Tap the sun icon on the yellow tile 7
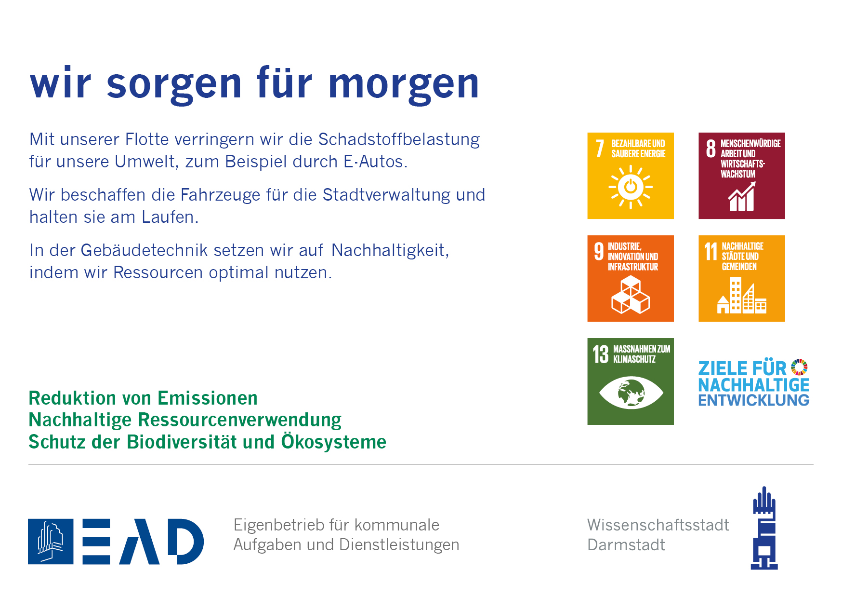[631, 187]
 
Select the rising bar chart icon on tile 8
[742, 196]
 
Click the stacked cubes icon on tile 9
[631, 295]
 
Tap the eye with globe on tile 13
[631, 393]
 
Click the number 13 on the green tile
[601, 354]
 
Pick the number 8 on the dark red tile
[710, 149]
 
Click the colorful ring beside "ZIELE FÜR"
[800, 367]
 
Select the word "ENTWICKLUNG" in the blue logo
[754, 400]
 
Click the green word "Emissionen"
[208, 398]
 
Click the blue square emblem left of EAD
[51, 542]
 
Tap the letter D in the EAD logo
[186, 542]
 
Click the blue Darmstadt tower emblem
[764, 528]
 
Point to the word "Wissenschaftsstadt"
[658, 525]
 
